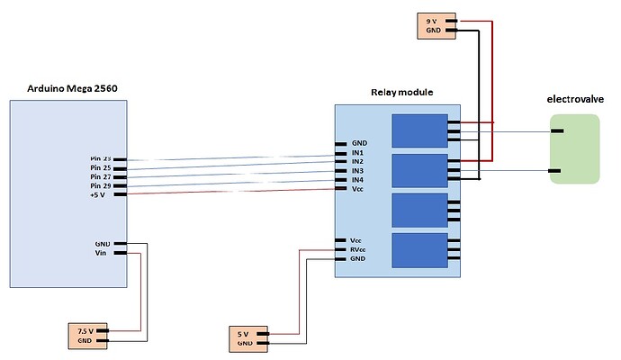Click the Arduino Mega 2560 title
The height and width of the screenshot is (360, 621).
[x=68, y=88]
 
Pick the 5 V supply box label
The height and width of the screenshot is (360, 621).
[x=243, y=334]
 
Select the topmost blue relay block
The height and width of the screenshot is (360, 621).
[x=419, y=130]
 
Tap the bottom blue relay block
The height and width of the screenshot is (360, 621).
[x=419, y=248]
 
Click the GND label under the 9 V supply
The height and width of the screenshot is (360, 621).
[x=432, y=31]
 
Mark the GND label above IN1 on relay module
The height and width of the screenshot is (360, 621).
[x=359, y=143]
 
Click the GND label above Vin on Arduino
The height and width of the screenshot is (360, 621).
[x=103, y=243]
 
